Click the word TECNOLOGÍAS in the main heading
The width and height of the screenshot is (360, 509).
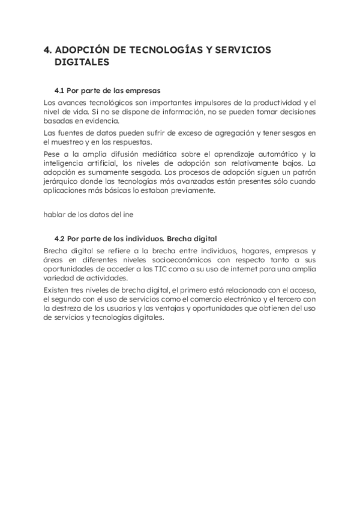click(x=163, y=50)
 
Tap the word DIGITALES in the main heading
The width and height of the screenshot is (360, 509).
click(x=77, y=62)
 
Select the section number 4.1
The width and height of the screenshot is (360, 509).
click(x=59, y=91)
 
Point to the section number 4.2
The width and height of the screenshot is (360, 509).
click(x=59, y=238)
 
